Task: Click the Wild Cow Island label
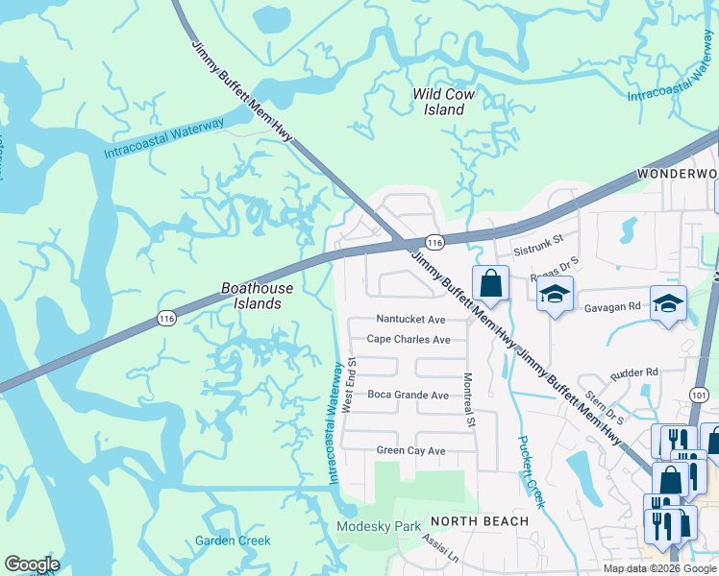[444, 102]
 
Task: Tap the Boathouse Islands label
[251, 295]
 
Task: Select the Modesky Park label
[380, 527]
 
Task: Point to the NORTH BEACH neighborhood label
[480, 521]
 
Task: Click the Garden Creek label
[233, 540]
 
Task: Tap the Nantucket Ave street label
[410, 319]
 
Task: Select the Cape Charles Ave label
[409, 340]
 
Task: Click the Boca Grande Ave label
[408, 395]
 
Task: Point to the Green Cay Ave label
[410, 450]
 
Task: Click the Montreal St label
[469, 400]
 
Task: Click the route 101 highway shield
[699, 395]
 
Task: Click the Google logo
[32, 564]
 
